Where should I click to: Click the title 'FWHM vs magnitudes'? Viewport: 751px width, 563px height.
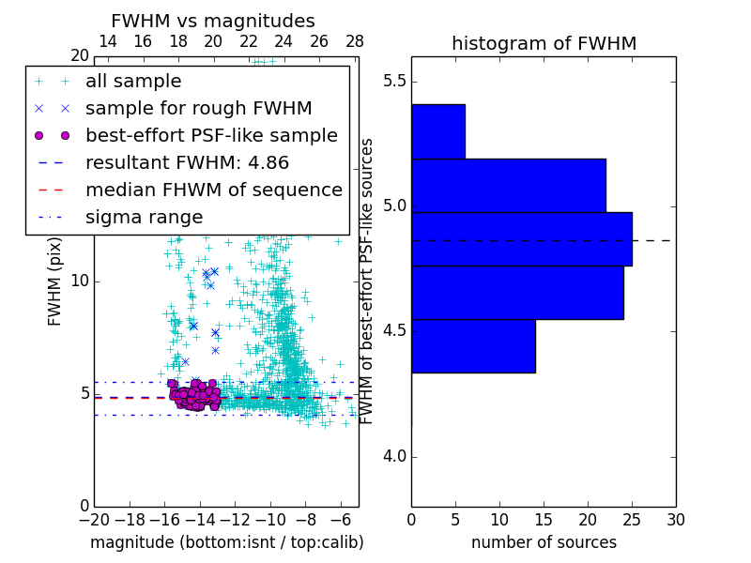pos(212,21)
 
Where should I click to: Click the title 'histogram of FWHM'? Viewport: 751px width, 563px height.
pos(544,43)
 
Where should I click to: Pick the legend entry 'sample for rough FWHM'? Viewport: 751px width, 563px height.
pos(198,109)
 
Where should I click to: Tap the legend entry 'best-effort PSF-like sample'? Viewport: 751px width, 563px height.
pos(211,135)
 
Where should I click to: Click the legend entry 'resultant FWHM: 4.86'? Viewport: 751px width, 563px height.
pos(187,162)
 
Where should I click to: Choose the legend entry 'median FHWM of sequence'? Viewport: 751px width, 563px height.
pos(213,190)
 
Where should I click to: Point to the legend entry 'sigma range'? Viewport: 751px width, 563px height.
pos(144,217)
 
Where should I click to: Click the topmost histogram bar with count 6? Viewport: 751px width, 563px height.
pos(437,131)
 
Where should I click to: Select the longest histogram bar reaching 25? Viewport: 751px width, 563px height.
pos(521,239)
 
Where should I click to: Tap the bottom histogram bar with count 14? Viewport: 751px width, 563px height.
pos(472,346)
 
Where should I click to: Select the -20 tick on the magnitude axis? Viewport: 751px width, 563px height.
pos(94,519)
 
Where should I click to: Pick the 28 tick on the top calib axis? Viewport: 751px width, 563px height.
pos(355,41)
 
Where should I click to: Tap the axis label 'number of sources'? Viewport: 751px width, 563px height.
pos(544,542)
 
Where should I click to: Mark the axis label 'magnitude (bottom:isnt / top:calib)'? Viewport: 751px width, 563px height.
pos(226,542)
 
